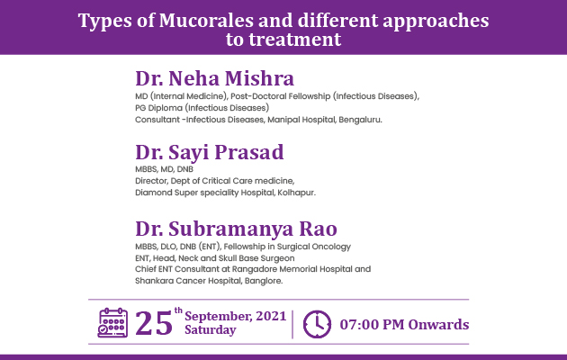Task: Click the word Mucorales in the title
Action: point(206,20)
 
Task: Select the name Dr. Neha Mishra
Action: point(215,78)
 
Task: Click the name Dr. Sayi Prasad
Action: point(210,153)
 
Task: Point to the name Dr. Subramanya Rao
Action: point(236,229)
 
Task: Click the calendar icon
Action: point(112,323)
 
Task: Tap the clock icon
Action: point(317,324)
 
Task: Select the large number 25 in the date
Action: point(154,323)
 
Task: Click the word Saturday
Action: point(211,330)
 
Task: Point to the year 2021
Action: point(271,316)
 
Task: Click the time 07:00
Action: point(359,325)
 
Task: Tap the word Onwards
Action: point(438,325)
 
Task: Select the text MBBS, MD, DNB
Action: point(164,169)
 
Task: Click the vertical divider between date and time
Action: point(292,324)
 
